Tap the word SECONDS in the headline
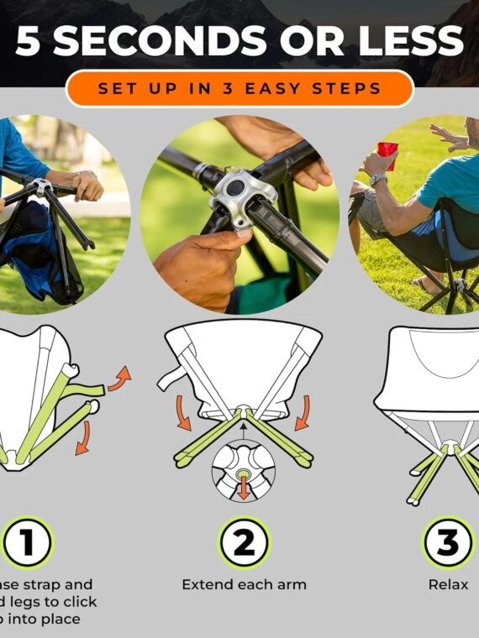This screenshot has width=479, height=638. pyautogui.click(x=155, y=42)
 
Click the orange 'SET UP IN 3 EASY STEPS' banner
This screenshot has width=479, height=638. pyautogui.click(x=239, y=88)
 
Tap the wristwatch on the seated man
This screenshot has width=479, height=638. pyautogui.click(x=378, y=180)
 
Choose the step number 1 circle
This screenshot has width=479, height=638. pyautogui.click(x=27, y=543)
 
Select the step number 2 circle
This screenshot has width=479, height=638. pyautogui.click(x=244, y=543)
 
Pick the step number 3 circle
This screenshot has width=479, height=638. pyautogui.click(x=448, y=543)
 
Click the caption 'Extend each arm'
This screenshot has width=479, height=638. pyautogui.click(x=244, y=584)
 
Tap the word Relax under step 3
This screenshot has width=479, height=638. pyautogui.click(x=448, y=584)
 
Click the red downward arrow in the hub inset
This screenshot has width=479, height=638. pyautogui.click(x=244, y=484)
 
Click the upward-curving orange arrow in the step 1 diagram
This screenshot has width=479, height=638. pyautogui.click(x=120, y=377)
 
